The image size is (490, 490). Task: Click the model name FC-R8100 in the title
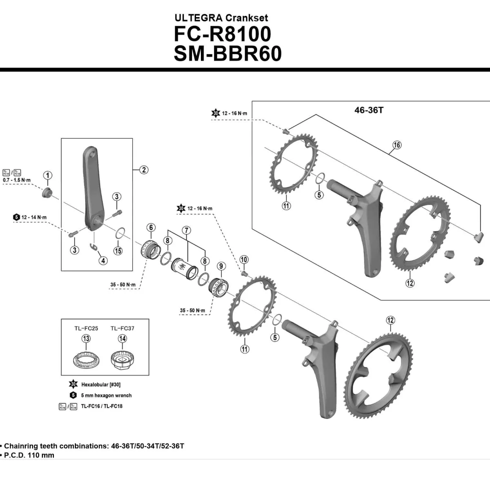tap(222, 34)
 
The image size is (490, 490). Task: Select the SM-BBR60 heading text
tap(227, 54)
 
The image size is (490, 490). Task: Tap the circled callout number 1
tap(48, 176)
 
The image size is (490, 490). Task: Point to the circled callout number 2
tap(144, 170)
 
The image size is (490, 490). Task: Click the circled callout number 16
tap(396, 145)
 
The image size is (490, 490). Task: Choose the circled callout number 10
tap(244, 260)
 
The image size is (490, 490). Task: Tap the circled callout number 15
tap(118, 251)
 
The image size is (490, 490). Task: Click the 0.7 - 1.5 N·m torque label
tap(17, 180)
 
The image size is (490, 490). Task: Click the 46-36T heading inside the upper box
tap(369, 110)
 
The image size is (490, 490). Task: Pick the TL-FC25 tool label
tap(86, 328)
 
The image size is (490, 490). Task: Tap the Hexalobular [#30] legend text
tap(100, 385)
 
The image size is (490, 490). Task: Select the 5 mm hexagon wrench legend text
tap(106, 395)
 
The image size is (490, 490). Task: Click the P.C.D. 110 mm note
tap(29, 455)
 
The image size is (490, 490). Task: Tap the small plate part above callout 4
tap(94, 245)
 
